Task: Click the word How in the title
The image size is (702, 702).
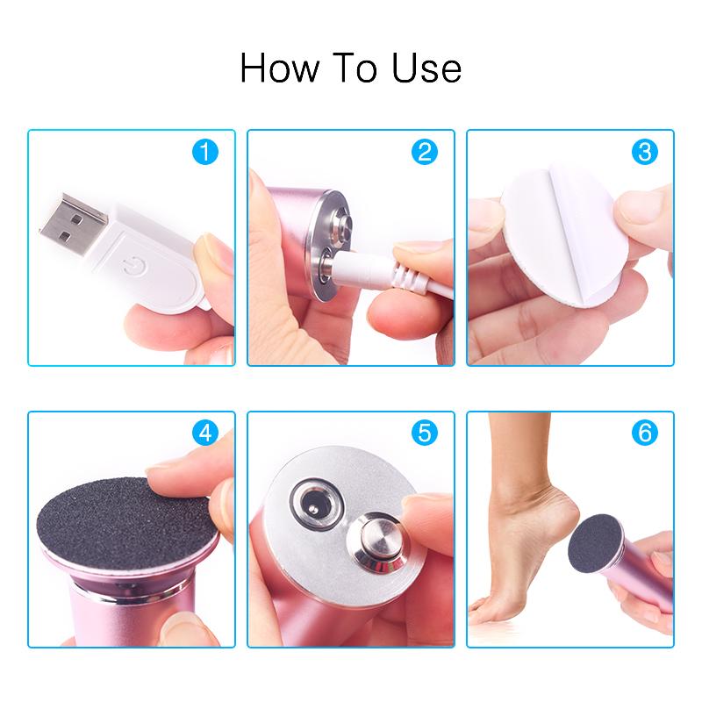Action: (x=280, y=68)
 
